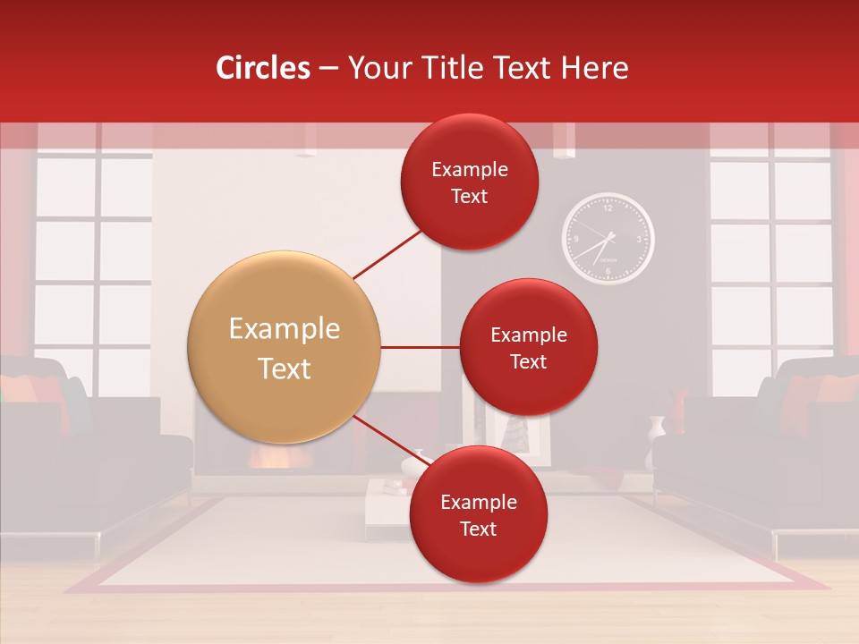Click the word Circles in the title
point(263,68)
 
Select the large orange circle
point(284,347)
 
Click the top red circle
point(470,182)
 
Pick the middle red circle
point(528,347)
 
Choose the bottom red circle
point(478,514)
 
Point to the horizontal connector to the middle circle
point(420,347)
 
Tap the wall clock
point(608,239)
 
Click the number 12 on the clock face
point(608,208)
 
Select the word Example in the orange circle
point(284,329)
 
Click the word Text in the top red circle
point(470,196)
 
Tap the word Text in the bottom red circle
point(478,529)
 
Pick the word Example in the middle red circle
point(528,335)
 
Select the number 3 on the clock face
point(639,240)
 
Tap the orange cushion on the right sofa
point(837,389)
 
